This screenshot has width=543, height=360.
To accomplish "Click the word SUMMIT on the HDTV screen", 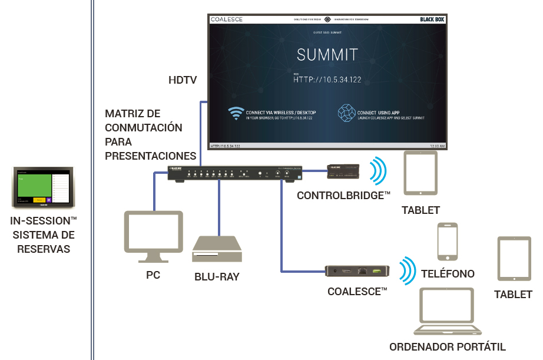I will (x=327, y=55).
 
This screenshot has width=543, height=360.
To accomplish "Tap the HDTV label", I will (x=183, y=80).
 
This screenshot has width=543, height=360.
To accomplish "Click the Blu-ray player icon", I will (x=217, y=249).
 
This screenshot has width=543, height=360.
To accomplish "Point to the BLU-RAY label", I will (x=217, y=276).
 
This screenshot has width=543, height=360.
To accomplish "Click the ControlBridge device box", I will (x=343, y=171).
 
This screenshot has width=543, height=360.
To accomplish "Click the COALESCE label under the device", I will (x=357, y=291).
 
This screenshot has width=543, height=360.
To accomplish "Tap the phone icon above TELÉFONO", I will (x=448, y=242).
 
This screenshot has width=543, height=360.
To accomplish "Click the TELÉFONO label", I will (x=448, y=274).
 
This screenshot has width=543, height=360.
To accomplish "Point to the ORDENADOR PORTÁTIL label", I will (x=448, y=347).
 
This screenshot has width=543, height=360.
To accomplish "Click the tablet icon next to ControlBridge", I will (x=421, y=173).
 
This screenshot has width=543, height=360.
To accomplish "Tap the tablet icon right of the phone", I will (x=515, y=258).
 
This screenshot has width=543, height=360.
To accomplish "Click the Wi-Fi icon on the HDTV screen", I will (x=236, y=113).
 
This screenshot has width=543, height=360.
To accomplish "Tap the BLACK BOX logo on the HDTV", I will (x=432, y=19).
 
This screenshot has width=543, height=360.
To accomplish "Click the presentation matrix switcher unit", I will (x=235, y=174).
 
